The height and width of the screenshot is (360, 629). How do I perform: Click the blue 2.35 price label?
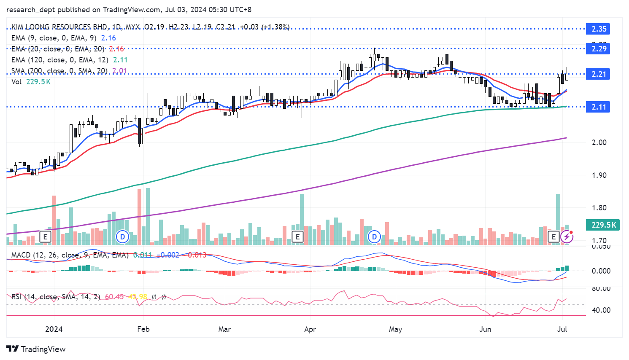(598, 29)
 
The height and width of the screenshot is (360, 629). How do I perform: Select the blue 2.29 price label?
(598, 49)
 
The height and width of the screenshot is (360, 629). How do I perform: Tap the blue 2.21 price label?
(598, 74)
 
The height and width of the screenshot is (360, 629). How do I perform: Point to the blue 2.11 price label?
(598, 107)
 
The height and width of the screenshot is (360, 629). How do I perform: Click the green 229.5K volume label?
(603, 225)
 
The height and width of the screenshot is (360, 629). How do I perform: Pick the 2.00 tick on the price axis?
(599, 142)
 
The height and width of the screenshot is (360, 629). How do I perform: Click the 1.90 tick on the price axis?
(599, 175)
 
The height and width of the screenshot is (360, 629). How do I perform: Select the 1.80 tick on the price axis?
(599, 208)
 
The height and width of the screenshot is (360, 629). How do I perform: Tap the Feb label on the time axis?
(143, 329)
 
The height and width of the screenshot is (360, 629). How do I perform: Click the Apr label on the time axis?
(310, 329)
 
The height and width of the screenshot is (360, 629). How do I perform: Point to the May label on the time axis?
(395, 329)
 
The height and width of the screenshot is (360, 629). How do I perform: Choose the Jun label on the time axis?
(485, 329)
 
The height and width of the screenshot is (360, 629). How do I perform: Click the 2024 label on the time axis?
(54, 329)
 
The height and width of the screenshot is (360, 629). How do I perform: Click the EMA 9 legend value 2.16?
(108, 38)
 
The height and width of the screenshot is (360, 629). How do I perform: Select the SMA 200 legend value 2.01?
(119, 71)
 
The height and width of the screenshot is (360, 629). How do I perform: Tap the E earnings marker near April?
(297, 236)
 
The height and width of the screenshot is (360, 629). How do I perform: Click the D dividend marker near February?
(122, 236)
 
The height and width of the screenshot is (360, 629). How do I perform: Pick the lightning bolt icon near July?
(567, 237)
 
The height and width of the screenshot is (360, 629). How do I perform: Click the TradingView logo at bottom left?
(36, 349)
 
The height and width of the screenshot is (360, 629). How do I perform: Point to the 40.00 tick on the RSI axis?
(601, 310)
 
